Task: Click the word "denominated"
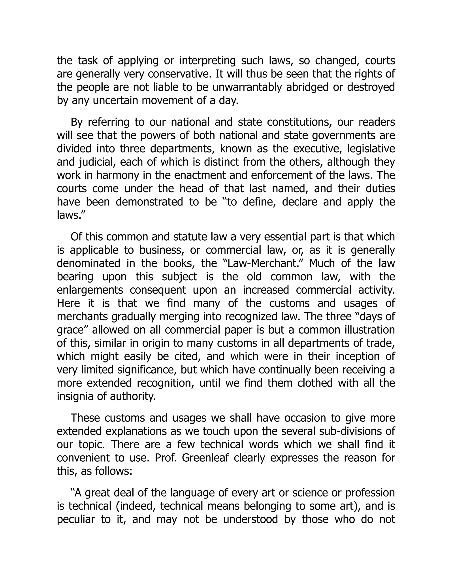tap(88, 264)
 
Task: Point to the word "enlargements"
tap(90, 290)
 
